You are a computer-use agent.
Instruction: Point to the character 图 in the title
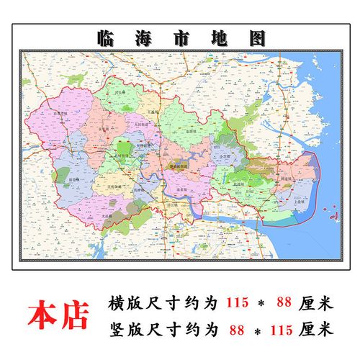tap(256, 37)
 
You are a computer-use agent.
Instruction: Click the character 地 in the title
tap(217, 37)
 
